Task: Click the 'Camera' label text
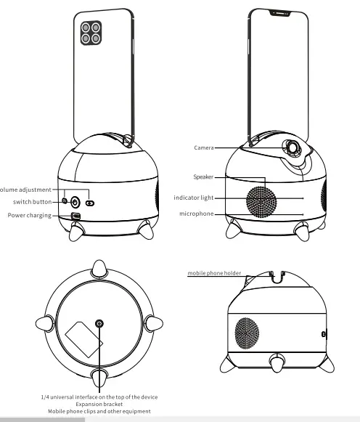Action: tap(203, 147)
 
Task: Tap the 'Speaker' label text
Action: tap(203, 176)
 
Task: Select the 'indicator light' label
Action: tap(194, 198)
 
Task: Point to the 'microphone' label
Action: tap(197, 214)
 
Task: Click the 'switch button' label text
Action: tap(32, 201)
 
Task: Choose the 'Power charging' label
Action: tap(30, 215)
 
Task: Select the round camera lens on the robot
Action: tap(294, 147)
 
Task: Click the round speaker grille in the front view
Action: tap(264, 200)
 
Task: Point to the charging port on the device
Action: tap(75, 216)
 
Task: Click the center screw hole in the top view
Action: tap(99, 322)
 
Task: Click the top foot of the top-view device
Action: tap(100, 267)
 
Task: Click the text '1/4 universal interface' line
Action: tap(99, 397)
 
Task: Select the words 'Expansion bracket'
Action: tap(100, 405)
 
